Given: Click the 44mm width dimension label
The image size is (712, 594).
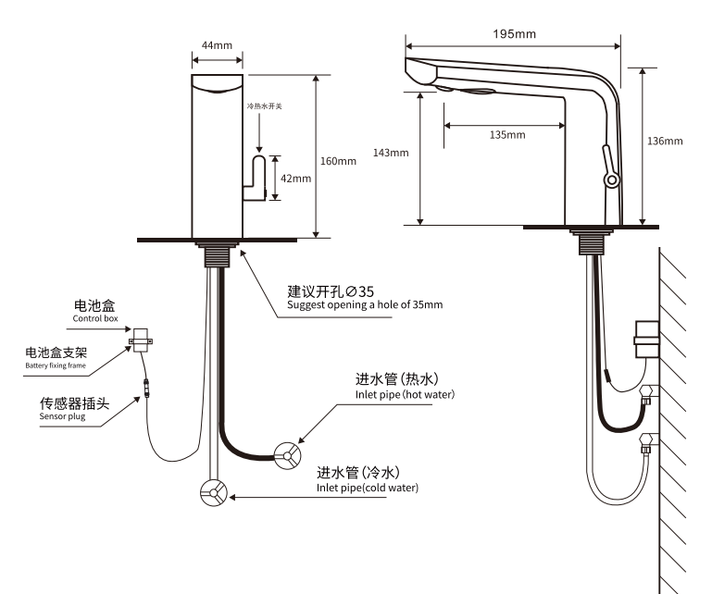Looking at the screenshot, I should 216,45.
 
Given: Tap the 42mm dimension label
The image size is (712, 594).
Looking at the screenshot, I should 295,179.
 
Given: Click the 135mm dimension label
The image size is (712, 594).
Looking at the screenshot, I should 506,135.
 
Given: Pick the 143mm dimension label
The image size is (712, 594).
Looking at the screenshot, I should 390,153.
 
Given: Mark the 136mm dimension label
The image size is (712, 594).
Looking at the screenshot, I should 665,141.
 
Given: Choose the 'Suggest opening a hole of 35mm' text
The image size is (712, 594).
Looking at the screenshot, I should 365,304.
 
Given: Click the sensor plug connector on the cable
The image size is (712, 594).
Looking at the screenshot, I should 145,385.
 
